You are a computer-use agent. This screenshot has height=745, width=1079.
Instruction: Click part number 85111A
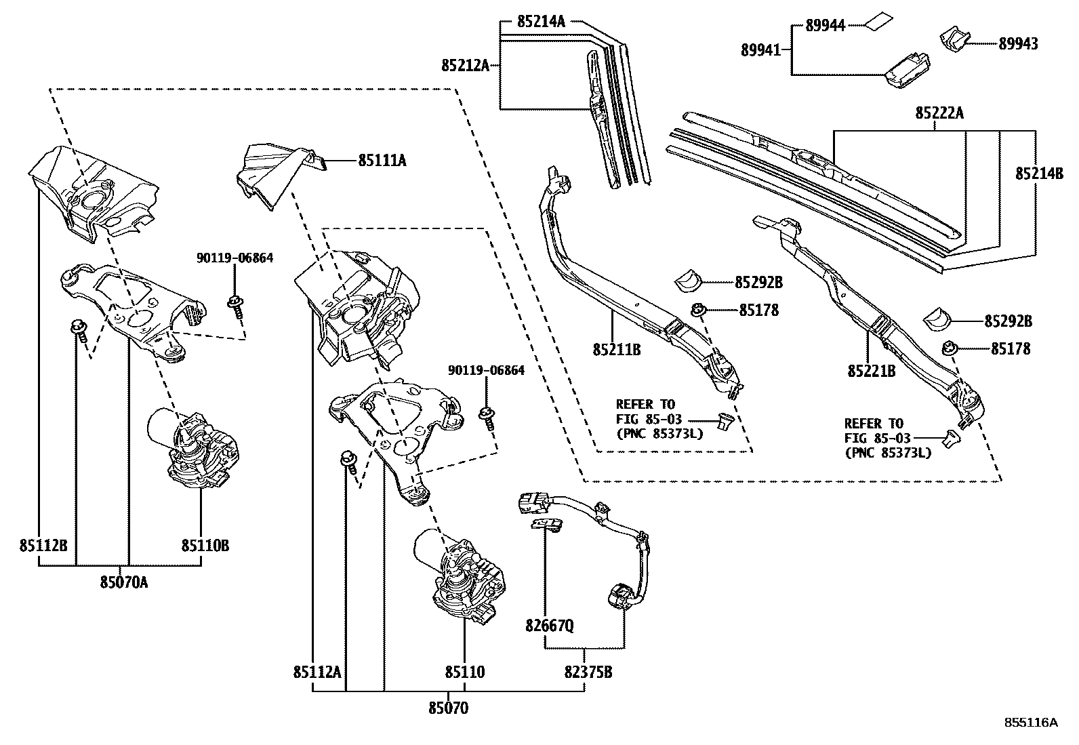point(382,161)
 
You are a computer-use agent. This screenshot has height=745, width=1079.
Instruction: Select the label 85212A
point(465,66)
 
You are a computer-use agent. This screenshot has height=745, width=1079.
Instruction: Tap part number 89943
point(1018,44)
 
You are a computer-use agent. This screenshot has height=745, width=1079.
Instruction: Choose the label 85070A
point(124,582)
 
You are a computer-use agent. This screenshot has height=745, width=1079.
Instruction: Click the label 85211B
point(617,350)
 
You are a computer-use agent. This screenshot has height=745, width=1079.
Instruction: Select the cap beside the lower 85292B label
point(938,318)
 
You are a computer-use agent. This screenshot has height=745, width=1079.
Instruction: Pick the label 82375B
point(588,672)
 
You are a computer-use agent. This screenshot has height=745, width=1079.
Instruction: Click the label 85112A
point(317,672)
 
